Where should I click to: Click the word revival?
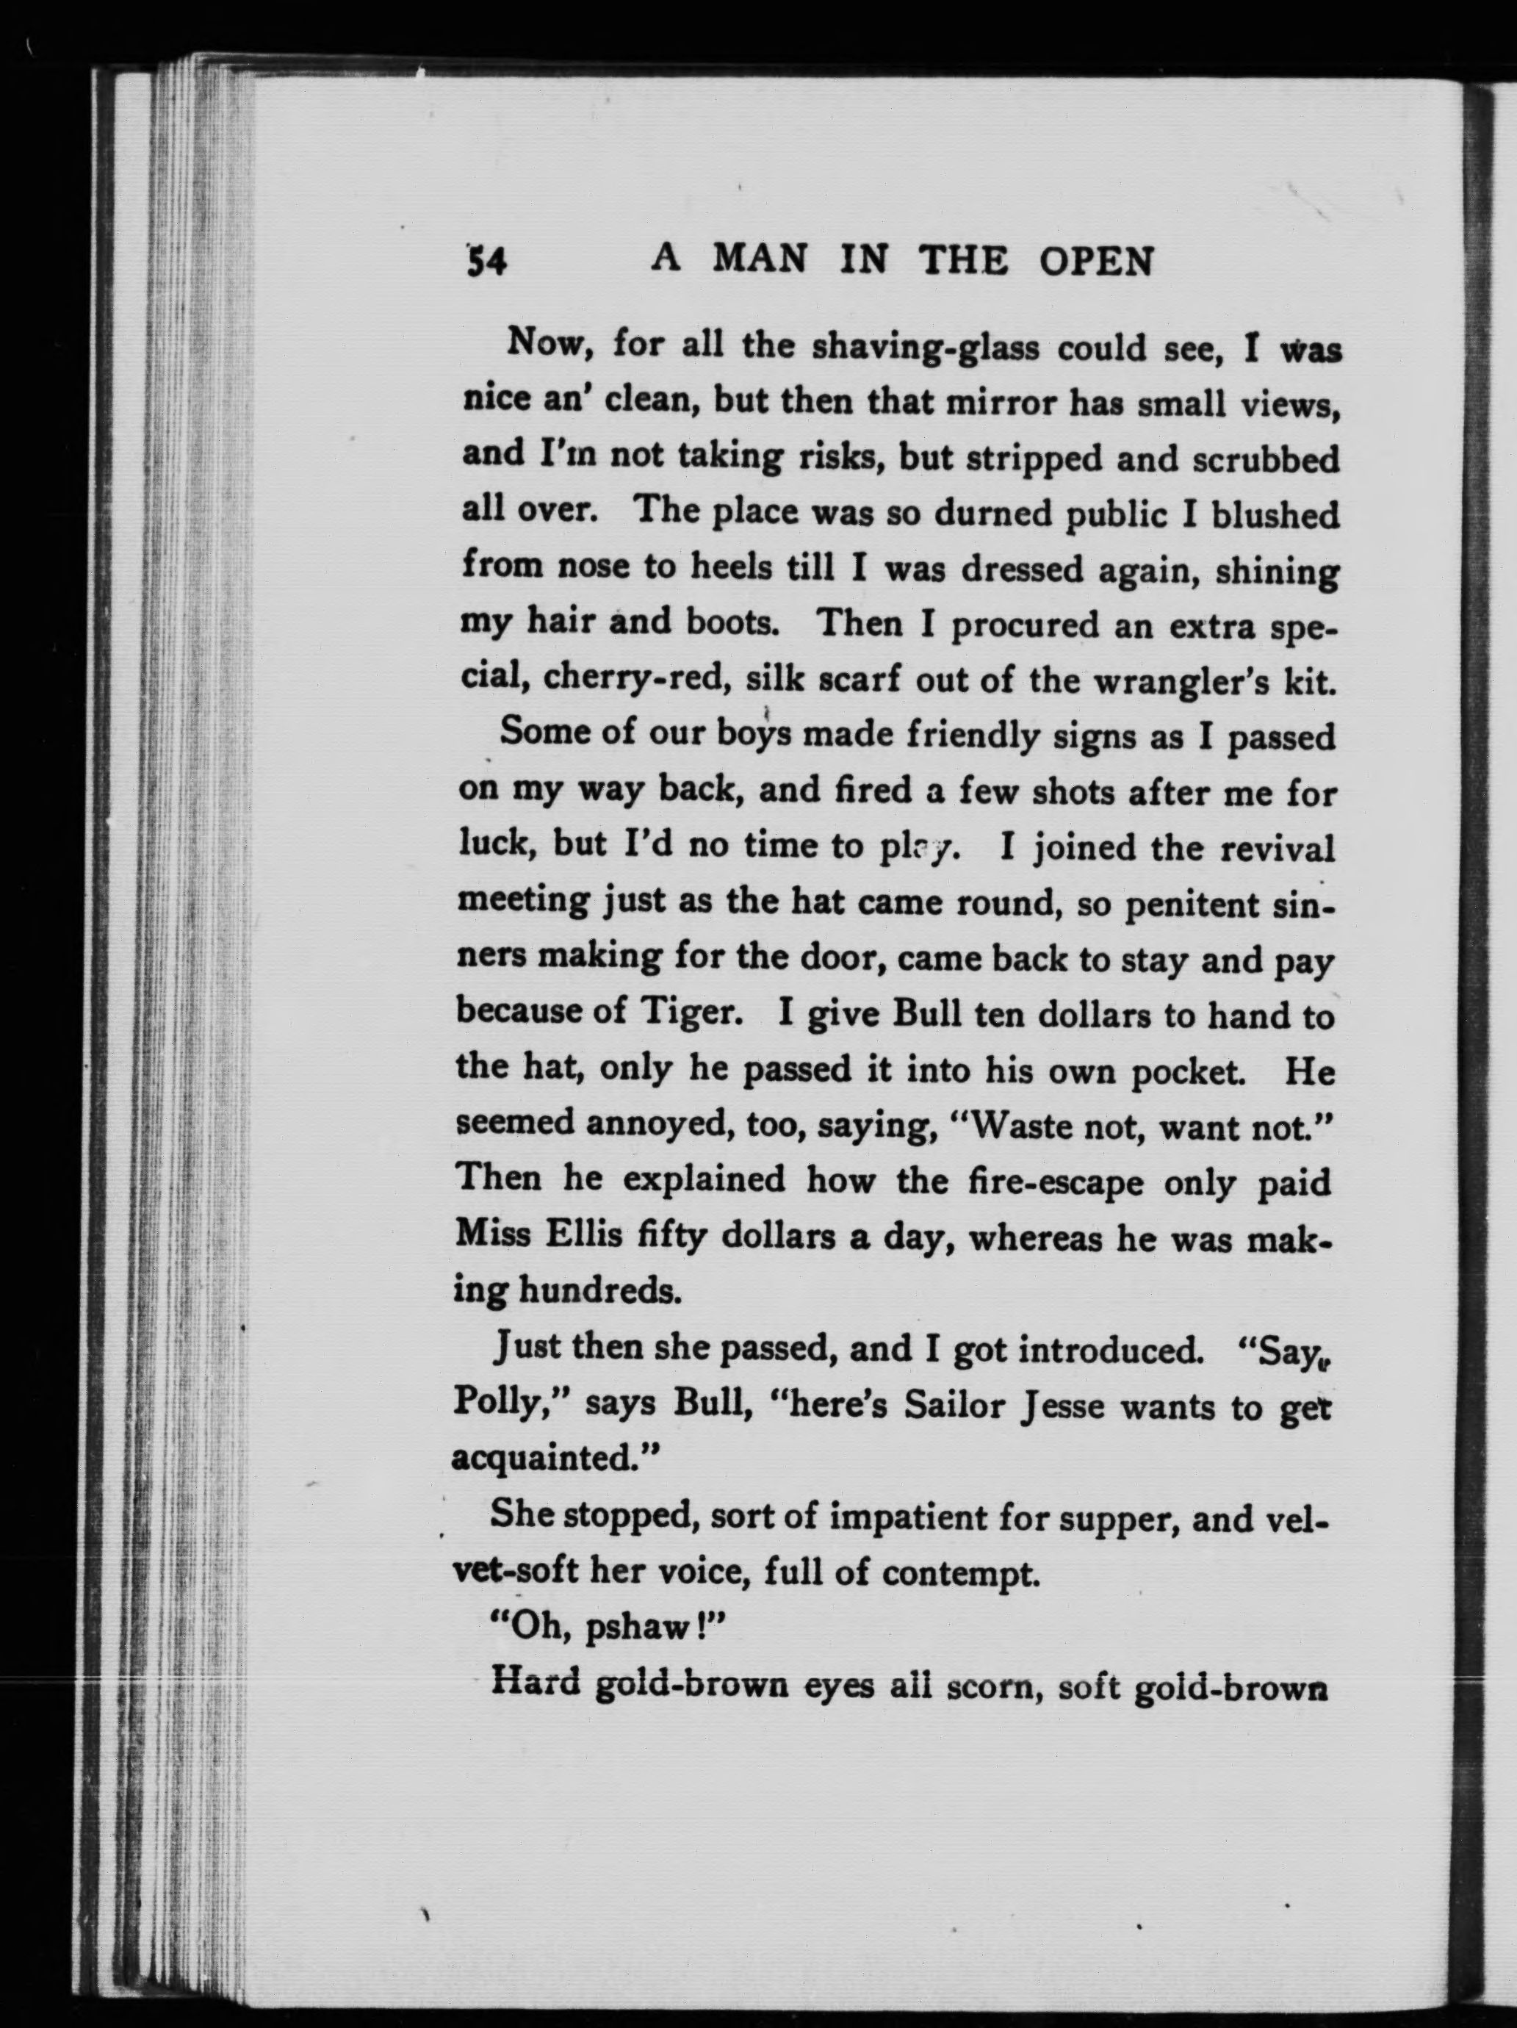click(x=1277, y=849)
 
